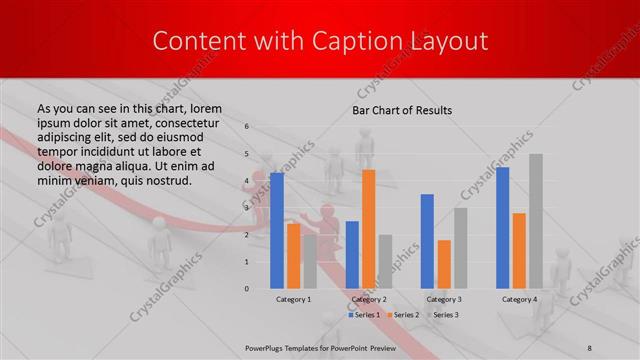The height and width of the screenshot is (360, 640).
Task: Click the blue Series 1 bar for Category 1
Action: [277, 230]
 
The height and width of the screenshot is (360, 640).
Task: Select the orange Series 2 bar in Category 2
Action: [368, 229]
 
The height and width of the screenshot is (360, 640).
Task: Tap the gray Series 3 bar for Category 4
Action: [536, 221]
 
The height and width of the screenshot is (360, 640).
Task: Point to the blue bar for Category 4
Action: [502, 227]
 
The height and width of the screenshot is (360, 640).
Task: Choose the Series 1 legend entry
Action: [364, 315]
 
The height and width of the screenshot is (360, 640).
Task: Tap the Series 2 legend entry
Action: [403, 315]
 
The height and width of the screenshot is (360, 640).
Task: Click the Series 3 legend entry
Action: [443, 315]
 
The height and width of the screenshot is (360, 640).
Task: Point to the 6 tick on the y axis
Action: [246, 127]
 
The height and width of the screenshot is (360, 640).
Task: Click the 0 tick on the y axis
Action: [246, 288]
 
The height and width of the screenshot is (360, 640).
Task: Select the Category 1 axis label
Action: [293, 299]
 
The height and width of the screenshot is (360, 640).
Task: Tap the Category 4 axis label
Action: [518, 299]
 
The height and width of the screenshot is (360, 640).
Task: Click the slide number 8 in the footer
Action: [589, 347]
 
